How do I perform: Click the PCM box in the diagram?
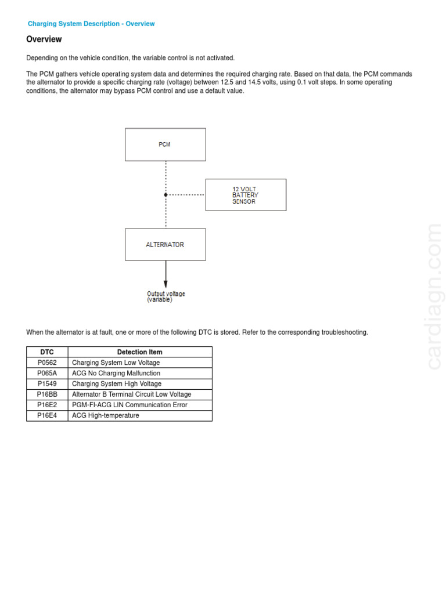(165, 144)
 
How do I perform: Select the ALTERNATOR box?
(165, 244)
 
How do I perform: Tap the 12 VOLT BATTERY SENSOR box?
(246, 195)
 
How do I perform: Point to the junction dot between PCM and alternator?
(166, 195)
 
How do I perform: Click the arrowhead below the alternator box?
(166, 284)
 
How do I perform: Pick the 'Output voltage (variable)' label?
(166, 297)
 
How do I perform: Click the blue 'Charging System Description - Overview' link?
(91, 24)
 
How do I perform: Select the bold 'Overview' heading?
(44, 39)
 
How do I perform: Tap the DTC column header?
(47, 352)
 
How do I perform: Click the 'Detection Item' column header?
(139, 352)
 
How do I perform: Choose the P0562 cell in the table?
(47, 363)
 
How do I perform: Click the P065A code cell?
(47, 373)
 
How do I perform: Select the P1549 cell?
(47, 383)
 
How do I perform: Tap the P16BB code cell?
(47, 394)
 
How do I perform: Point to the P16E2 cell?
(47, 405)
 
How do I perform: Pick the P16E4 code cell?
(47, 415)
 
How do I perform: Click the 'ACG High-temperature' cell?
(106, 415)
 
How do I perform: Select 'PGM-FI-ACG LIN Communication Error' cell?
(130, 405)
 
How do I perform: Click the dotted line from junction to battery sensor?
(186, 195)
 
